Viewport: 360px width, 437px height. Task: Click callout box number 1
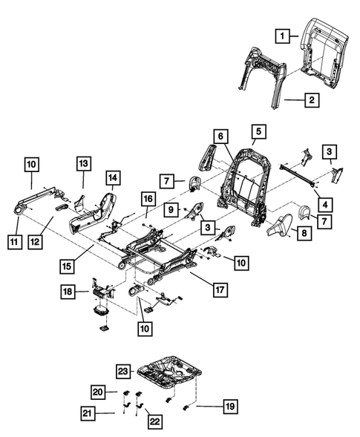(x=282, y=34)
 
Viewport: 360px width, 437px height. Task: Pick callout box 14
(x=112, y=178)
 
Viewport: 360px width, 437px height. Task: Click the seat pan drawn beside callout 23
(x=169, y=371)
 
